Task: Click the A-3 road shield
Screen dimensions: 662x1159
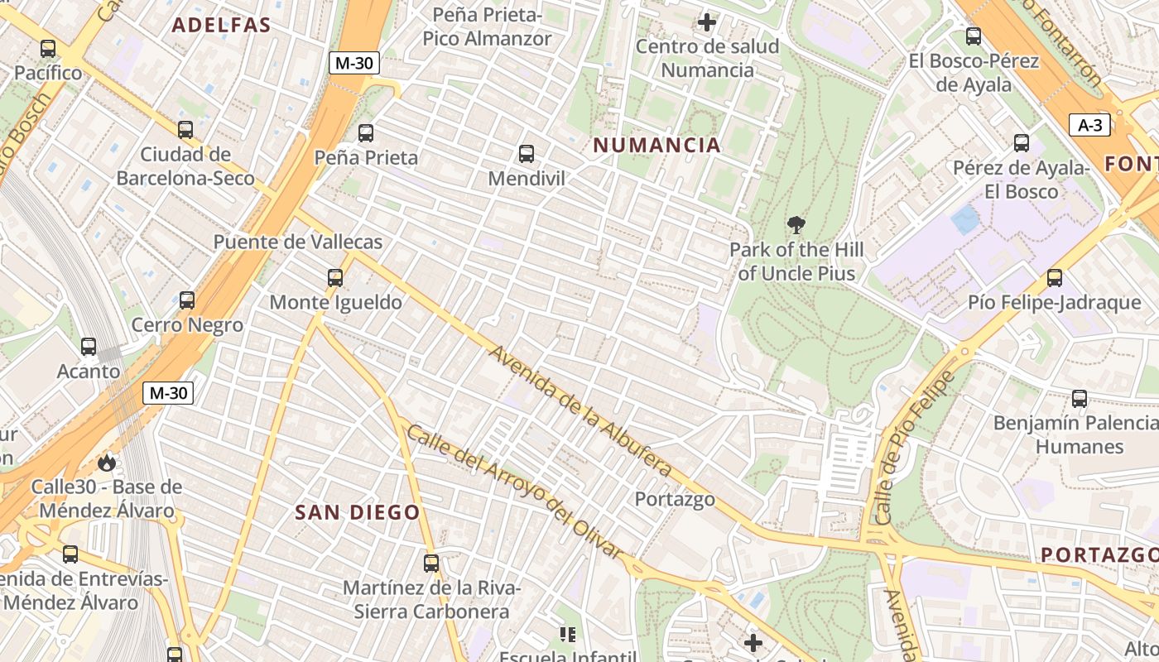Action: pyautogui.click(x=1089, y=125)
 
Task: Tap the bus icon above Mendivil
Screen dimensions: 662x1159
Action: pyautogui.click(x=526, y=153)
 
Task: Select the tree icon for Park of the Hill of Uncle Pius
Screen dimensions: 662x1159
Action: pyautogui.click(x=796, y=224)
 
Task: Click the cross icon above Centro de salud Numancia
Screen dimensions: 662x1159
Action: pyautogui.click(x=707, y=22)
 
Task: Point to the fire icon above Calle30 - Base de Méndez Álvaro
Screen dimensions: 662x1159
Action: pyautogui.click(x=107, y=463)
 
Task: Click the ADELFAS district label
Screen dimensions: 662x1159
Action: pyautogui.click(x=221, y=25)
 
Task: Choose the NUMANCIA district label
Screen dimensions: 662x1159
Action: pyautogui.click(x=656, y=146)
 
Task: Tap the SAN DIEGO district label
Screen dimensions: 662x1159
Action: pyautogui.click(x=358, y=512)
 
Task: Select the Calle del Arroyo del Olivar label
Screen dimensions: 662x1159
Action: pyautogui.click(x=513, y=491)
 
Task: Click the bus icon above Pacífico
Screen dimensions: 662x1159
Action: pyautogui.click(x=48, y=48)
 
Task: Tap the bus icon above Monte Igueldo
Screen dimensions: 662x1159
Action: pyautogui.click(x=335, y=277)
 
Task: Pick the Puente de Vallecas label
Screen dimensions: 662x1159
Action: pyautogui.click(x=298, y=242)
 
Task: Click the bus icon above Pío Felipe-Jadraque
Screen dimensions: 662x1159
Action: pyautogui.click(x=1054, y=277)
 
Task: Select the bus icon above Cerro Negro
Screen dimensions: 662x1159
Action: pyautogui.click(x=187, y=300)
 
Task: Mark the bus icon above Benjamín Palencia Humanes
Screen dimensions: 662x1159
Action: pyautogui.click(x=1080, y=398)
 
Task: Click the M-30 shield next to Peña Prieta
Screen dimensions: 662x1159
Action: pyautogui.click(x=354, y=63)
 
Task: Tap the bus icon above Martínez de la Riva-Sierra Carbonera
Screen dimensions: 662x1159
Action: pyautogui.click(x=431, y=564)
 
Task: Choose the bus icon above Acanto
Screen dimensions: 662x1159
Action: pyautogui.click(x=89, y=347)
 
